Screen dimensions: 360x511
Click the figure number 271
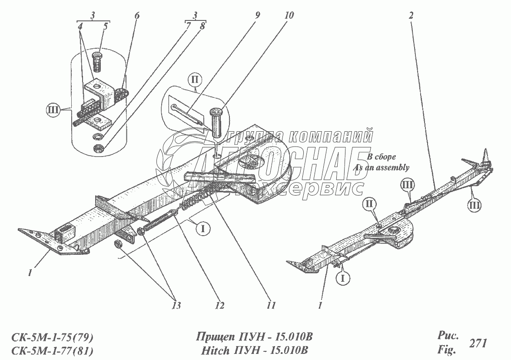(x=478, y=343)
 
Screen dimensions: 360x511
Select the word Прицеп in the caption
(x=214, y=338)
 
